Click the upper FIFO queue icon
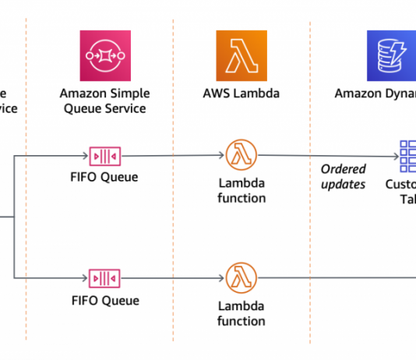click(x=104, y=154)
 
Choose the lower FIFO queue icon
click(x=104, y=277)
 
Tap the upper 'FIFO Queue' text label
click(x=104, y=177)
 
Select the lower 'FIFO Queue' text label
click(x=104, y=301)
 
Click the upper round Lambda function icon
click(x=240, y=154)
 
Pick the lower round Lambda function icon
click(x=240, y=277)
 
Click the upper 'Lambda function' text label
click(x=241, y=190)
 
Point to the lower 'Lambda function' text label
click(x=241, y=313)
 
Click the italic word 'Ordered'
click(x=344, y=169)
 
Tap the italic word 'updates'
click(x=343, y=185)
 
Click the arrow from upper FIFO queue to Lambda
click(x=171, y=155)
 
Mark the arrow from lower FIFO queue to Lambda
click(x=171, y=277)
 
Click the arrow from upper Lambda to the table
click(x=327, y=156)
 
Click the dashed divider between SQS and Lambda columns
click(x=173, y=234)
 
